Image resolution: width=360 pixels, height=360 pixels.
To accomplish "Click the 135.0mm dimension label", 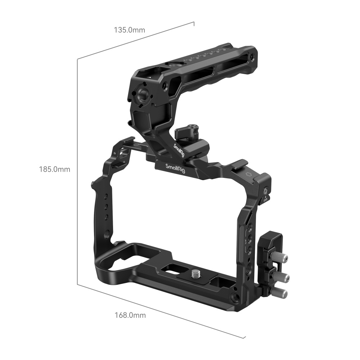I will (130, 30).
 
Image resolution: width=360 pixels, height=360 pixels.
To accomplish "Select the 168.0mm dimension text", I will (130, 315).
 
